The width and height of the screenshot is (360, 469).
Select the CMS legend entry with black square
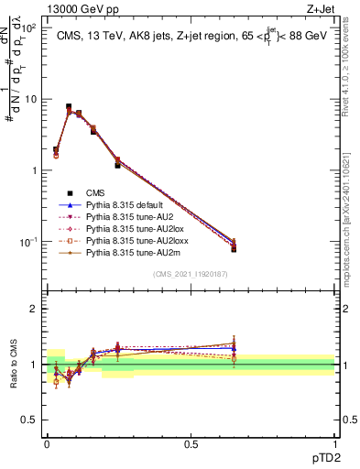tap(95, 193)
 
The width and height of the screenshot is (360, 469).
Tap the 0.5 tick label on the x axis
tap(191, 442)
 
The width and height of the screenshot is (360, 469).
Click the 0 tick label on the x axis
tap(47, 442)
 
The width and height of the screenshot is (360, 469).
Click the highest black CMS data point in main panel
tap(69, 107)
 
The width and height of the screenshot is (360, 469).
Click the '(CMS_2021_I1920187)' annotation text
tap(191, 273)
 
